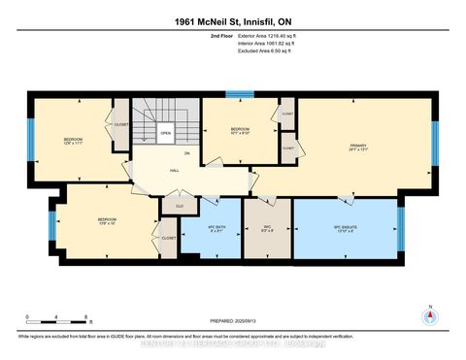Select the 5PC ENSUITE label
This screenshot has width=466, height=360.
click(x=346, y=228)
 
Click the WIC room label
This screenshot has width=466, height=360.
click(x=267, y=228)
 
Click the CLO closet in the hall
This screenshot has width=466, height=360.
click(x=179, y=205)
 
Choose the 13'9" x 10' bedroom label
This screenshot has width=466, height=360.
click(x=108, y=222)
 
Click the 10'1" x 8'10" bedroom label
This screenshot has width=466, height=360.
click(x=240, y=132)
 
